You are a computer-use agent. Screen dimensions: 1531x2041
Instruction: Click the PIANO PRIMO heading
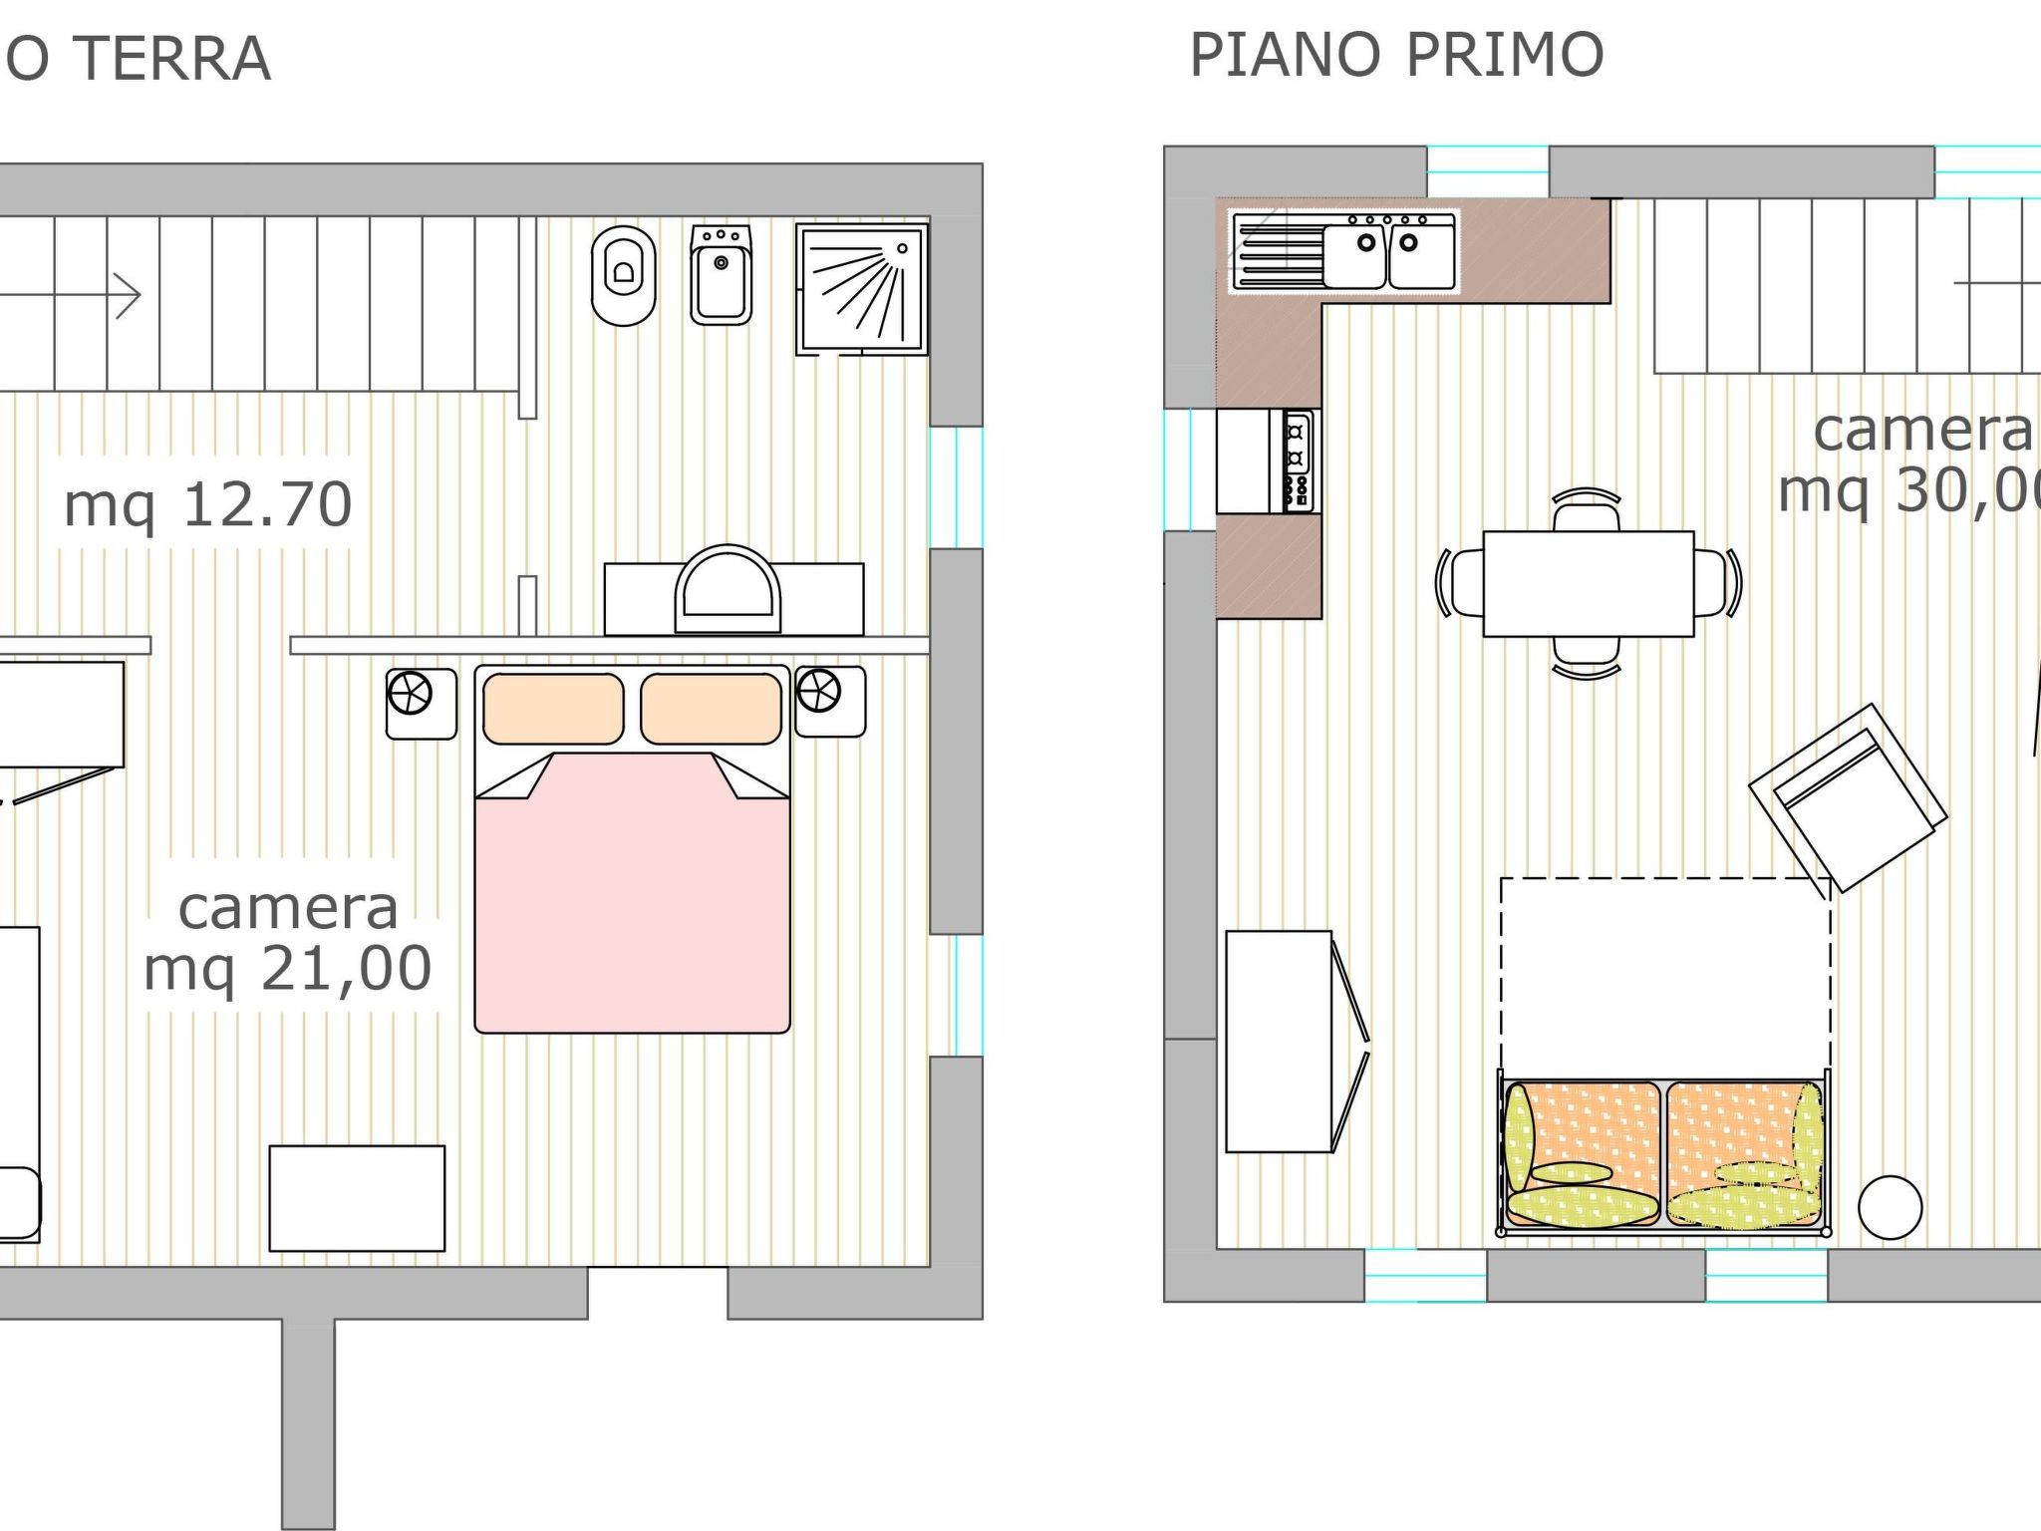click(x=1395, y=55)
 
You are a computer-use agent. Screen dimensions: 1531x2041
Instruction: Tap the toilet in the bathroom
click(x=623, y=276)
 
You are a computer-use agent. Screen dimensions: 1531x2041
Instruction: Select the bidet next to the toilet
click(x=721, y=275)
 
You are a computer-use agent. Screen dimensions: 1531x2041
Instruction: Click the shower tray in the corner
click(x=861, y=288)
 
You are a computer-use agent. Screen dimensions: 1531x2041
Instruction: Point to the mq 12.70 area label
click(x=207, y=503)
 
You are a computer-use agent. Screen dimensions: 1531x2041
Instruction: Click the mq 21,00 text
click(x=288, y=968)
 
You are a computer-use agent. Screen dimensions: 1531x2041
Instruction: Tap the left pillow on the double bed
click(x=553, y=709)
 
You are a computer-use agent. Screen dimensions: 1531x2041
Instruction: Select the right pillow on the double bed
click(x=711, y=709)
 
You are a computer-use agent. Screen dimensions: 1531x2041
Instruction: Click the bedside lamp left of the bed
click(x=411, y=694)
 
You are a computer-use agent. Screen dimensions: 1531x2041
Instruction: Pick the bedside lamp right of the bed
click(x=819, y=690)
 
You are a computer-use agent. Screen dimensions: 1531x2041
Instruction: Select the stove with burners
click(x=1296, y=461)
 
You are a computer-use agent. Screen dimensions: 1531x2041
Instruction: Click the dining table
click(x=1588, y=583)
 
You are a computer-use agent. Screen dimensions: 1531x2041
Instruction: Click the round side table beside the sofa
click(x=1890, y=1207)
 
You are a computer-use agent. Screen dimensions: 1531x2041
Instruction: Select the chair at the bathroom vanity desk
click(x=728, y=590)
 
